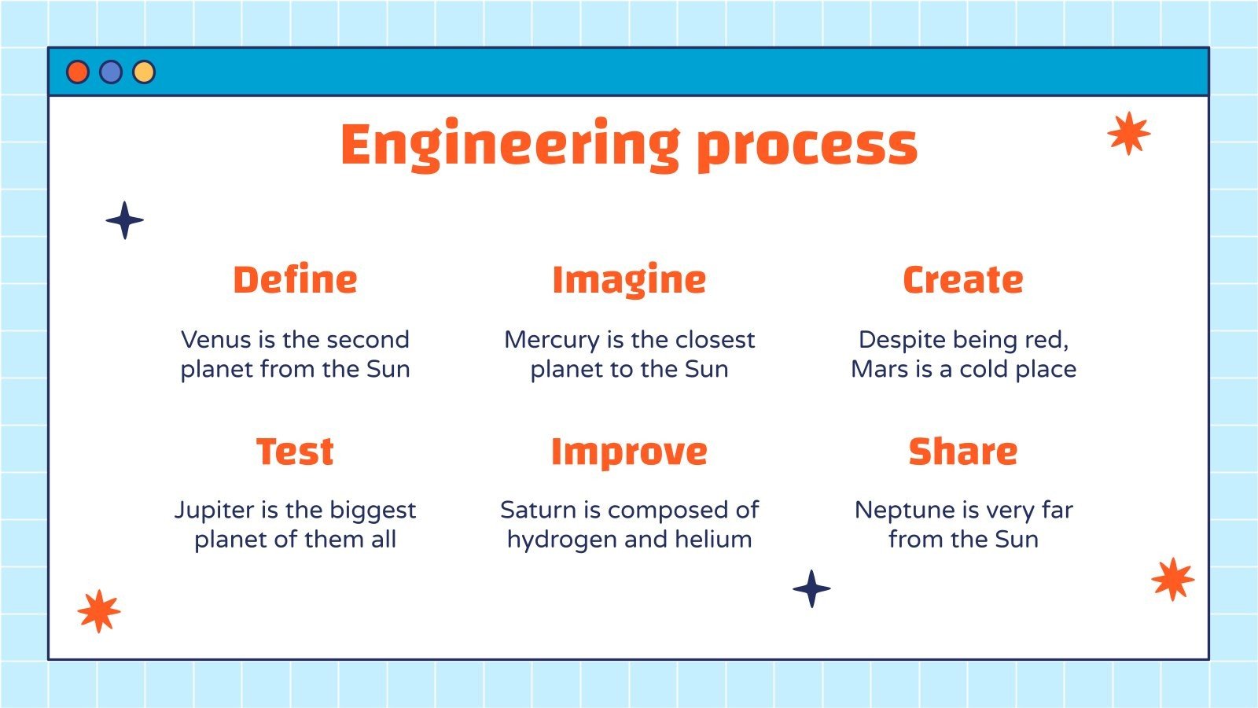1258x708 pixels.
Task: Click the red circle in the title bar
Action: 78,72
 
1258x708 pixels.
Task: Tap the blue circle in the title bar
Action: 111,72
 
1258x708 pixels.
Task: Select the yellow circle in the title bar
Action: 144,72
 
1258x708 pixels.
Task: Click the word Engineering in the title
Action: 509,146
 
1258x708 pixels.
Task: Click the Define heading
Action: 295,280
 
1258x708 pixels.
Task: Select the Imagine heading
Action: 629,281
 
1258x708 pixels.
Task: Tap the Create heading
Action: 963,280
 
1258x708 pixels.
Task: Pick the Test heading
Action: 295,452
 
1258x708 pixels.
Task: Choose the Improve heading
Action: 629,452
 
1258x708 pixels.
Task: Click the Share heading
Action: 963,452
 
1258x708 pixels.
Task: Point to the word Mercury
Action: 551,341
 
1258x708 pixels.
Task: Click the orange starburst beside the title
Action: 1128,133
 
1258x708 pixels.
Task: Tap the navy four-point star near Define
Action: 125,220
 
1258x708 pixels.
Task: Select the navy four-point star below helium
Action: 811,588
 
